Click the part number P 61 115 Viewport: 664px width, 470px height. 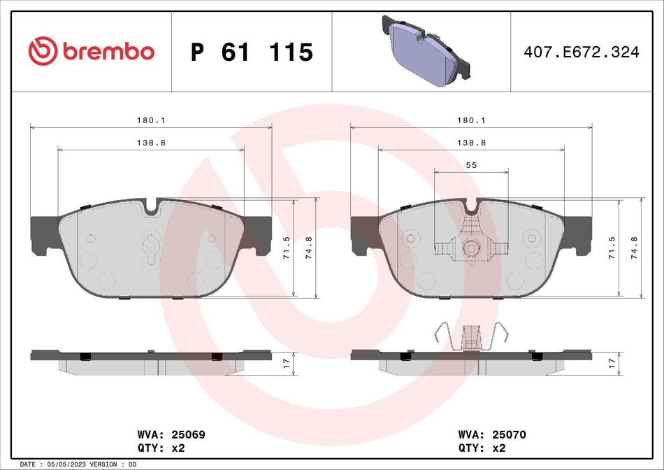252,52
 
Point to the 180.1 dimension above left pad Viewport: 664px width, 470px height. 150,120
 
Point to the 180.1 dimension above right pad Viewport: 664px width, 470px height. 470,120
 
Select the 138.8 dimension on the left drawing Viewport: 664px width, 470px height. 150,143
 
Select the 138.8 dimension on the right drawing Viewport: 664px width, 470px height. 470,143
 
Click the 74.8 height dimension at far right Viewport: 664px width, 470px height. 635,248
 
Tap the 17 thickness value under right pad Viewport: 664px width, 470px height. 612,363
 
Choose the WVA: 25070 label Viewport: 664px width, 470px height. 491,434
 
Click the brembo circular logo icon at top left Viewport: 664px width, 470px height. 42,52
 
